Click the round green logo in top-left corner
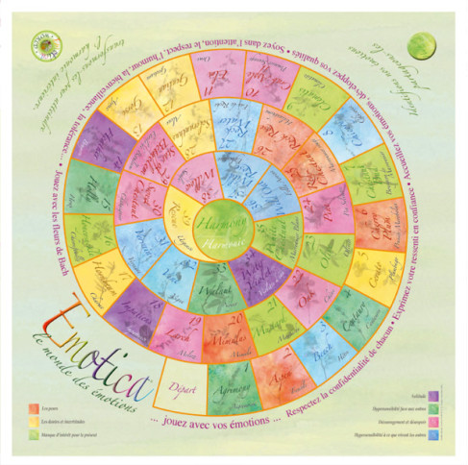(x=48, y=43)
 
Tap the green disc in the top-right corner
(x=419, y=43)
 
